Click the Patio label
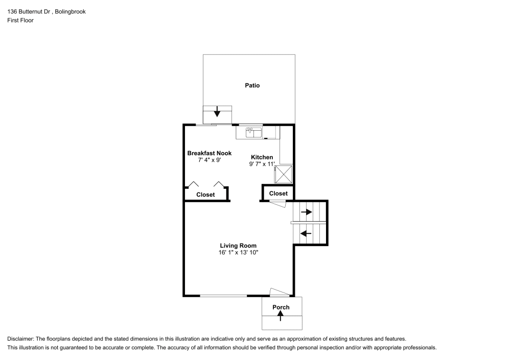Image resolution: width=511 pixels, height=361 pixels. [x=252, y=85]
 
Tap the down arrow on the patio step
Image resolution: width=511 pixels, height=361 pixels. [x=217, y=111]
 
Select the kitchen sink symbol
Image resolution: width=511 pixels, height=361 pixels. [x=254, y=133]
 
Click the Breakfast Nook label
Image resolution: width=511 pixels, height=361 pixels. [x=209, y=153]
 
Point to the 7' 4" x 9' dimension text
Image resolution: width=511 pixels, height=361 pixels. [x=209, y=160]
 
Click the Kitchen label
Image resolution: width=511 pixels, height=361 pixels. [x=262, y=157]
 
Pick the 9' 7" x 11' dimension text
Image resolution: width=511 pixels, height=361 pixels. [x=262, y=164]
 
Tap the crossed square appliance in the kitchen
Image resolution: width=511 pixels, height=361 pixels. [x=284, y=174]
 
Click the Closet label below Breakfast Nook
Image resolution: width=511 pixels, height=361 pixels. [x=205, y=195]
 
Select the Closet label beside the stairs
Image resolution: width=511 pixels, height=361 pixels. [x=278, y=194]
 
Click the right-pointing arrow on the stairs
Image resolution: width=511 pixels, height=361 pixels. [x=306, y=211]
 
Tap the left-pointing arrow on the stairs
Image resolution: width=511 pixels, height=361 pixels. [x=306, y=233]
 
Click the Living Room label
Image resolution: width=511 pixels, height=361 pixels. [x=238, y=246]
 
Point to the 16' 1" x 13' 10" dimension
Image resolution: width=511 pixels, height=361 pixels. [x=238, y=252]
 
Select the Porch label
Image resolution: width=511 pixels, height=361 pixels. [x=281, y=307]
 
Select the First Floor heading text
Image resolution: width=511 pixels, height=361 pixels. [x=20, y=20]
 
